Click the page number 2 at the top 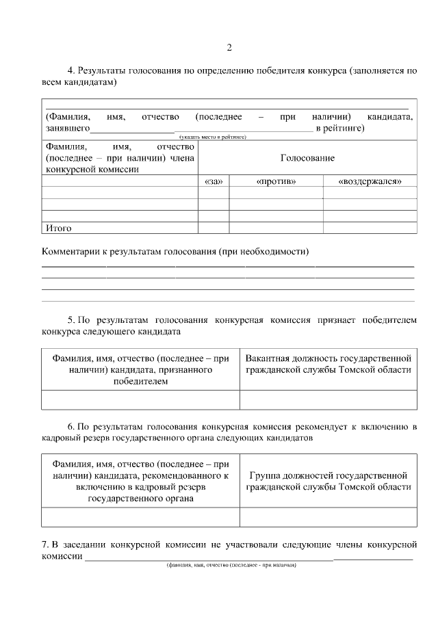coord(229,47)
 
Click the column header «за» coord(213,181)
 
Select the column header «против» coord(276,181)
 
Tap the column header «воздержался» coord(370,181)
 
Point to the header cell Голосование coord(307,158)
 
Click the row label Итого coord(58,228)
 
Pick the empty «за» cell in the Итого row coord(213,228)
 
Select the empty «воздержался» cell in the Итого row coord(370,228)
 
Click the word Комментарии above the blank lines coord(72,251)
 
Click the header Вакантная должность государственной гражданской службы coord(328,364)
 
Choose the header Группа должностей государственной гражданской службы coord(328,480)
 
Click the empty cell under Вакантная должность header coord(328,399)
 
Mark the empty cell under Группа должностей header coord(328,517)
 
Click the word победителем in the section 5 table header coord(140,382)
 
